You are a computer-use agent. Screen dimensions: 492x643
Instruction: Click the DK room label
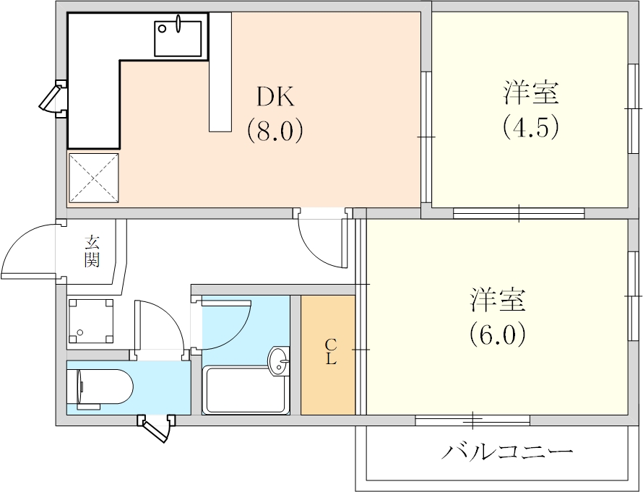coord(274,97)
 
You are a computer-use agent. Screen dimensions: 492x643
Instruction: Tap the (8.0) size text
coord(274,131)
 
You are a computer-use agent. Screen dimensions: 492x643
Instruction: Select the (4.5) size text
coord(531,127)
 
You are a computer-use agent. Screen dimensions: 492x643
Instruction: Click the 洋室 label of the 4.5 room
coord(531,93)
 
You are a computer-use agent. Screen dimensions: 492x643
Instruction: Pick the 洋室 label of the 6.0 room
coord(498,299)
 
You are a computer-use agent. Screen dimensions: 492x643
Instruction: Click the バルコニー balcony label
coord(508,453)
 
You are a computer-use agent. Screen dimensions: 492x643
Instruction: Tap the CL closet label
coord(330,352)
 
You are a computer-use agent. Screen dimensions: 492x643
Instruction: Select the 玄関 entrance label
coord(91,251)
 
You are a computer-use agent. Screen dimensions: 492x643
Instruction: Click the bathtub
coord(246,390)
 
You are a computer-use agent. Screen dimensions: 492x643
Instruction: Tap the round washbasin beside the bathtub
coord(278,361)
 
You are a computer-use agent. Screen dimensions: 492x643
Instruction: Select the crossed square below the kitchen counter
coord(94,177)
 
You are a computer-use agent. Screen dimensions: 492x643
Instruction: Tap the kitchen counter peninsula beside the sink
coord(220,72)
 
